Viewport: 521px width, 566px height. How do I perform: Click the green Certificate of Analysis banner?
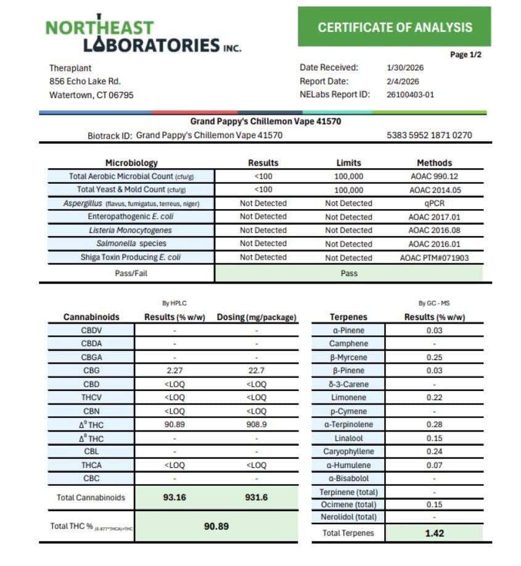pos(395,27)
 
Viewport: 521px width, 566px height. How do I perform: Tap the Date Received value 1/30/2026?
pos(405,68)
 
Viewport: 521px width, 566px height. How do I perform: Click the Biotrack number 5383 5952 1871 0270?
pos(429,135)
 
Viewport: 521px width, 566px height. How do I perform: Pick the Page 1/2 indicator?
pos(466,55)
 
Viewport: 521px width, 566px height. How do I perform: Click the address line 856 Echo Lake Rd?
pos(85,81)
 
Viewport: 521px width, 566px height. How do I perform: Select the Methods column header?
pos(434,163)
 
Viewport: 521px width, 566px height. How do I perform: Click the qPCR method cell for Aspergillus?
pos(434,203)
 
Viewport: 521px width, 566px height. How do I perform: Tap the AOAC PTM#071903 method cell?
pos(434,258)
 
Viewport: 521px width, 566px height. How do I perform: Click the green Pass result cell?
pos(349,273)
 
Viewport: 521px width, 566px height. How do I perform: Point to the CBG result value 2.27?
pos(175,371)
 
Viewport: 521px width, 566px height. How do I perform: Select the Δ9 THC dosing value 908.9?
pos(256,425)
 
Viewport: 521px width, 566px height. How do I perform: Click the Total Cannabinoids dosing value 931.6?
pos(256,497)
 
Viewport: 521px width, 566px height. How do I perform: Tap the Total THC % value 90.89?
pos(216,526)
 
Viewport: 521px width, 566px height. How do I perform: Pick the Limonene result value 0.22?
pos(434,398)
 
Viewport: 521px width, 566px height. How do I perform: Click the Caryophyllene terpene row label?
pos(348,452)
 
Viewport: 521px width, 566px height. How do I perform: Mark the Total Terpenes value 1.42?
pos(434,533)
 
